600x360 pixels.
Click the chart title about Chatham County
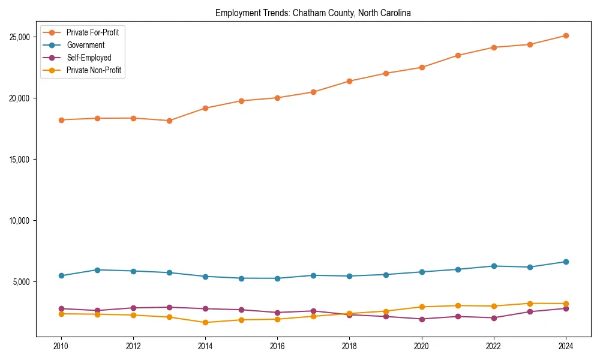tap(313, 13)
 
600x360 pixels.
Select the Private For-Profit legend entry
tap(92, 32)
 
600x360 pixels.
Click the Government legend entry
tap(85, 45)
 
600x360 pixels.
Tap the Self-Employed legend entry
tap(89, 58)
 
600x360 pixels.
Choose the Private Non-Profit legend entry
tap(94, 70)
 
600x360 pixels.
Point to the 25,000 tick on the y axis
tap(20, 37)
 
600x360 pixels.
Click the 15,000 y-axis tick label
tap(20, 160)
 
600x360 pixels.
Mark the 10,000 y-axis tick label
tap(20, 221)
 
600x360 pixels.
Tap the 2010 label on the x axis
tap(61, 346)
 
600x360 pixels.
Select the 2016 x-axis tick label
tap(277, 346)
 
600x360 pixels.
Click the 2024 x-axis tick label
tap(566, 346)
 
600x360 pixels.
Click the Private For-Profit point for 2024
tap(566, 35)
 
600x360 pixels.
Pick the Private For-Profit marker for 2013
tap(169, 121)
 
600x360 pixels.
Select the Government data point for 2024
tap(566, 262)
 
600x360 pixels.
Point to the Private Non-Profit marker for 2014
tap(205, 322)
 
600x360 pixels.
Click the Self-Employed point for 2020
tap(422, 319)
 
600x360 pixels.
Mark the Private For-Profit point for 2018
tap(350, 81)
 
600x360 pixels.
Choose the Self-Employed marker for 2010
tap(61, 308)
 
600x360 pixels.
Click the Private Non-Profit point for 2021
tap(458, 305)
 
